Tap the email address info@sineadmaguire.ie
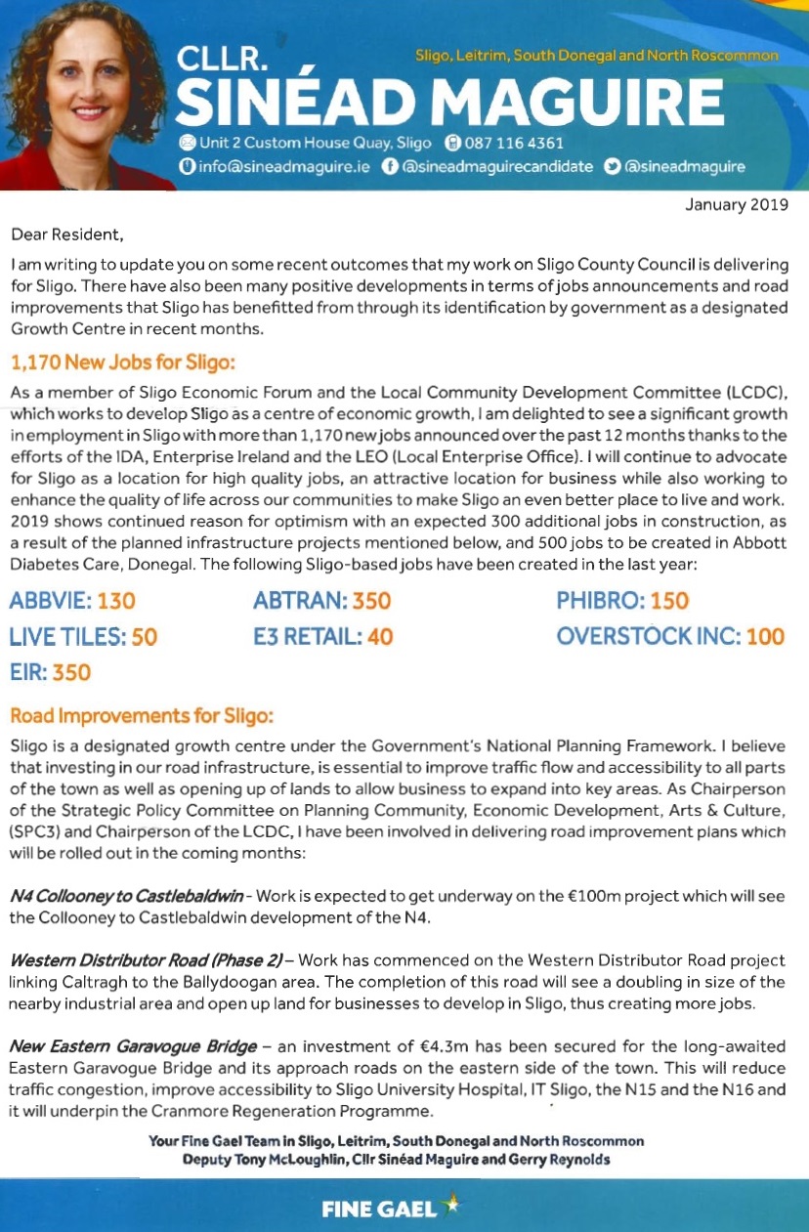[x=282, y=166]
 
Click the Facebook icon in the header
[x=389, y=166]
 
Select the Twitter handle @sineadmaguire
[x=684, y=166]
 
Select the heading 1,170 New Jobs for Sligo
[x=123, y=363]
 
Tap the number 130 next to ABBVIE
[x=116, y=601]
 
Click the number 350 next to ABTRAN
[x=371, y=601]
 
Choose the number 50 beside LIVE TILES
[x=144, y=637]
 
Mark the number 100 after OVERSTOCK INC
[x=765, y=637]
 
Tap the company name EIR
[x=29, y=672]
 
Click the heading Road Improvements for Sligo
[x=141, y=716]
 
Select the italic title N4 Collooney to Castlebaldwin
[x=126, y=896]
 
